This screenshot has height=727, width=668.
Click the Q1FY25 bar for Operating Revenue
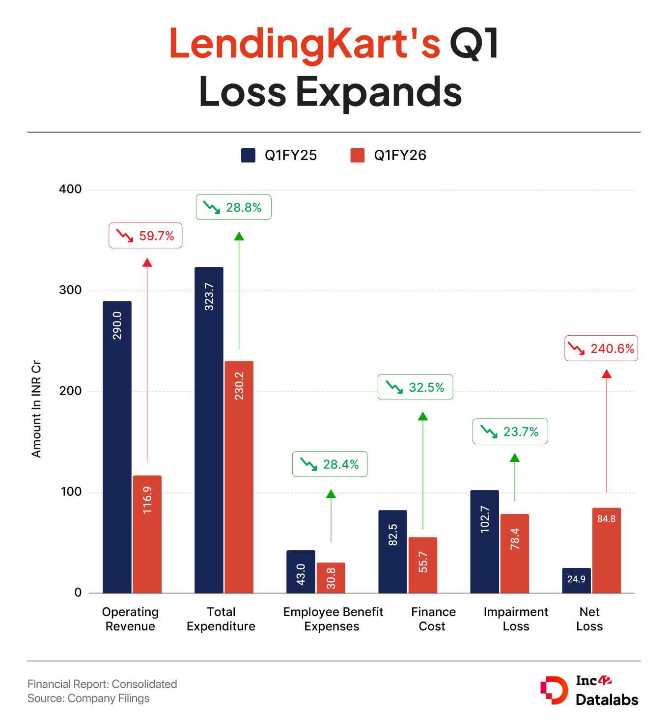pos(117,447)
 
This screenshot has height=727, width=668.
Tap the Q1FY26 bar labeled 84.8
pos(607,550)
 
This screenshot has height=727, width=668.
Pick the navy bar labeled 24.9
pos(576,580)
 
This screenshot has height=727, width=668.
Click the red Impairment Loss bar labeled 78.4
pos(515,553)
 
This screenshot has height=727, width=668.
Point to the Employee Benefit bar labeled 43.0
pos(301,571)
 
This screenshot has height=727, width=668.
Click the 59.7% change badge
pos(145,236)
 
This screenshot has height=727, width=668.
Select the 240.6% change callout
pos(601,349)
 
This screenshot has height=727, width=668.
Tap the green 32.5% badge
pos(416,387)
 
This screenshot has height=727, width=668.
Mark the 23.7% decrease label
pos(510,431)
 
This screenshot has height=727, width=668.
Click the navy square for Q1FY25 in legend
pos(248,156)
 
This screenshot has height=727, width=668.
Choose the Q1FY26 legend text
pos(400,156)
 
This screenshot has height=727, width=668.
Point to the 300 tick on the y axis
pos(70,290)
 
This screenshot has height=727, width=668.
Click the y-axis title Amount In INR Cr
pos(36,409)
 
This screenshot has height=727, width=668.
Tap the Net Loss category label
pos(589,619)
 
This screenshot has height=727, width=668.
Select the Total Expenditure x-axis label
pos(221,619)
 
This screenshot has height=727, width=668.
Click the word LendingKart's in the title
pos(305,44)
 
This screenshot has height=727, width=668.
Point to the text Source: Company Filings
pos(88,698)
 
